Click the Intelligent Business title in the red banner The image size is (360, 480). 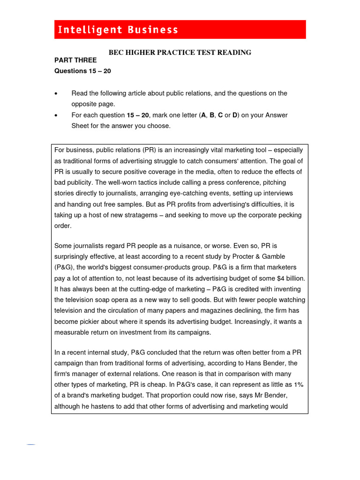tap(118, 30)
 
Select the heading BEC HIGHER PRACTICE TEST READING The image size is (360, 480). tap(180, 52)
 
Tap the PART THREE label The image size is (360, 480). tap(75, 60)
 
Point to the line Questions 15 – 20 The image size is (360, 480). tap(83, 71)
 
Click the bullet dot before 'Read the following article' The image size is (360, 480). tap(57, 94)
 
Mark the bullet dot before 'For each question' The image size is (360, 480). tap(57, 115)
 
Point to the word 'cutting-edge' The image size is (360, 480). tap(145, 289)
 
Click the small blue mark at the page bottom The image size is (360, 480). tap(31, 444)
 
